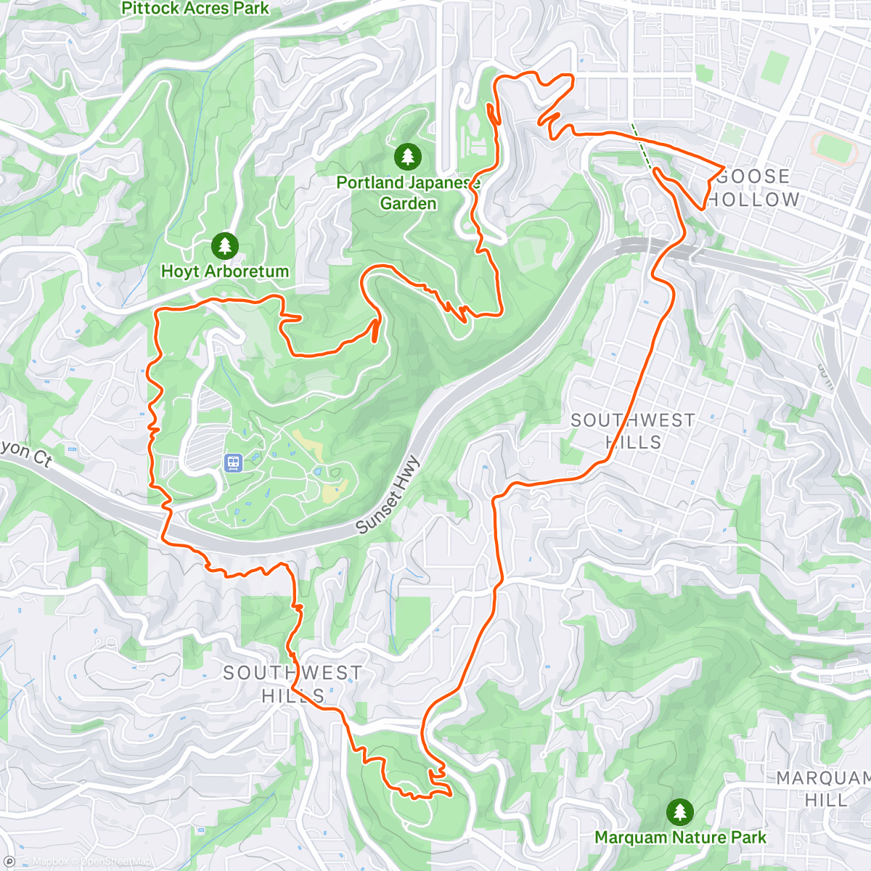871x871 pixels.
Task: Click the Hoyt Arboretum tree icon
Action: coord(224,246)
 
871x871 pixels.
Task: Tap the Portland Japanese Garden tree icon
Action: coord(408,156)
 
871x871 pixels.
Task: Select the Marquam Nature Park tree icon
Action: coord(679,811)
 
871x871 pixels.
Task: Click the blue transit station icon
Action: coord(233,462)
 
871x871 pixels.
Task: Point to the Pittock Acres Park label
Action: coord(195,9)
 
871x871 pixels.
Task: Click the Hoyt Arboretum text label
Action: coord(225,271)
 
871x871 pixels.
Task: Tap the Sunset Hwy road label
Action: coord(388,495)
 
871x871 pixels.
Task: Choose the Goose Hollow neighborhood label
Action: coord(753,188)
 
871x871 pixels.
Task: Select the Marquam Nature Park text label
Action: coord(680,838)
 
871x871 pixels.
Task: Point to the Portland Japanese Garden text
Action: coord(408,193)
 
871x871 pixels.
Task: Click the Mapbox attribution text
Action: coord(50,862)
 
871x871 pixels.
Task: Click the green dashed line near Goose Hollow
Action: coord(642,146)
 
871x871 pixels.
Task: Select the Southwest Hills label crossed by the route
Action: coord(293,684)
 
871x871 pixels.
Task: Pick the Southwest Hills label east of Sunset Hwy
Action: coord(633,431)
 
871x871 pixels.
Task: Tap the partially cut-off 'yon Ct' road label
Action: coord(26,454)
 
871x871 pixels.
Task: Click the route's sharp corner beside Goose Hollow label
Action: coord(723,168)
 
